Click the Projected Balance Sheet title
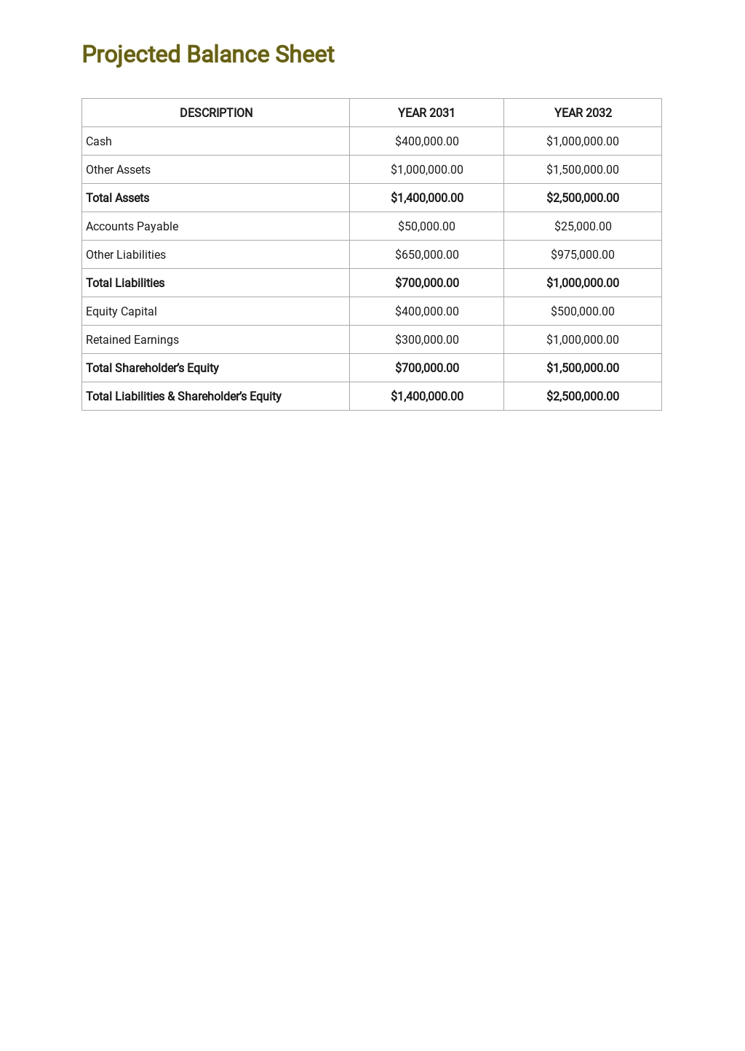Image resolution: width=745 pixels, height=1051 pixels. point(208,55)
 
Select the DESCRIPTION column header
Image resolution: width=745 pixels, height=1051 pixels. point(216,113)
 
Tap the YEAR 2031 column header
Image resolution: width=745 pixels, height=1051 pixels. point(426,113)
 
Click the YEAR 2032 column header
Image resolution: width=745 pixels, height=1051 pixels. point(583,113)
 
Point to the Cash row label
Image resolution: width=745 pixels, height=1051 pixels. point(99,141)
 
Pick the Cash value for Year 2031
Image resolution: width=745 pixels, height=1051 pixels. point(426,141)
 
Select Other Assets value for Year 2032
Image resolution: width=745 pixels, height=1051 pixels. point(583,169)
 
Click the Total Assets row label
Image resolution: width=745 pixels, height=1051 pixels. point(118,198)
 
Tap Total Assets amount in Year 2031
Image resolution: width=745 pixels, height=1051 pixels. point(427,198)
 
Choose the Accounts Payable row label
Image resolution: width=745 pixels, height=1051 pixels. point(132,226)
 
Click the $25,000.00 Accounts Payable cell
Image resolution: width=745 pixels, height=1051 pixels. point(583,226)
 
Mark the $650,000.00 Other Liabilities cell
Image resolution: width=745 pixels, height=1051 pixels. point(426,254)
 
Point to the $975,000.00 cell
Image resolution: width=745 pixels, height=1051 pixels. point(583,254)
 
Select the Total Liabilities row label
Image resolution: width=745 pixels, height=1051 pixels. point(125,283)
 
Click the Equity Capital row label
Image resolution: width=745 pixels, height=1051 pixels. point(121,311)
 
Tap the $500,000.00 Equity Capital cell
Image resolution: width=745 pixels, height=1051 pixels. point(583,311)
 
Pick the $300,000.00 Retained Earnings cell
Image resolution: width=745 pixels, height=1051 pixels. point(426,339)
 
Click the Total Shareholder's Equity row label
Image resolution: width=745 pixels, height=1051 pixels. point(152,368)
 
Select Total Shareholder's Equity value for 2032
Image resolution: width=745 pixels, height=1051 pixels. point(583,368)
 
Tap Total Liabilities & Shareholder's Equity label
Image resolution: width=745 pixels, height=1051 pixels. point(183,396)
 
